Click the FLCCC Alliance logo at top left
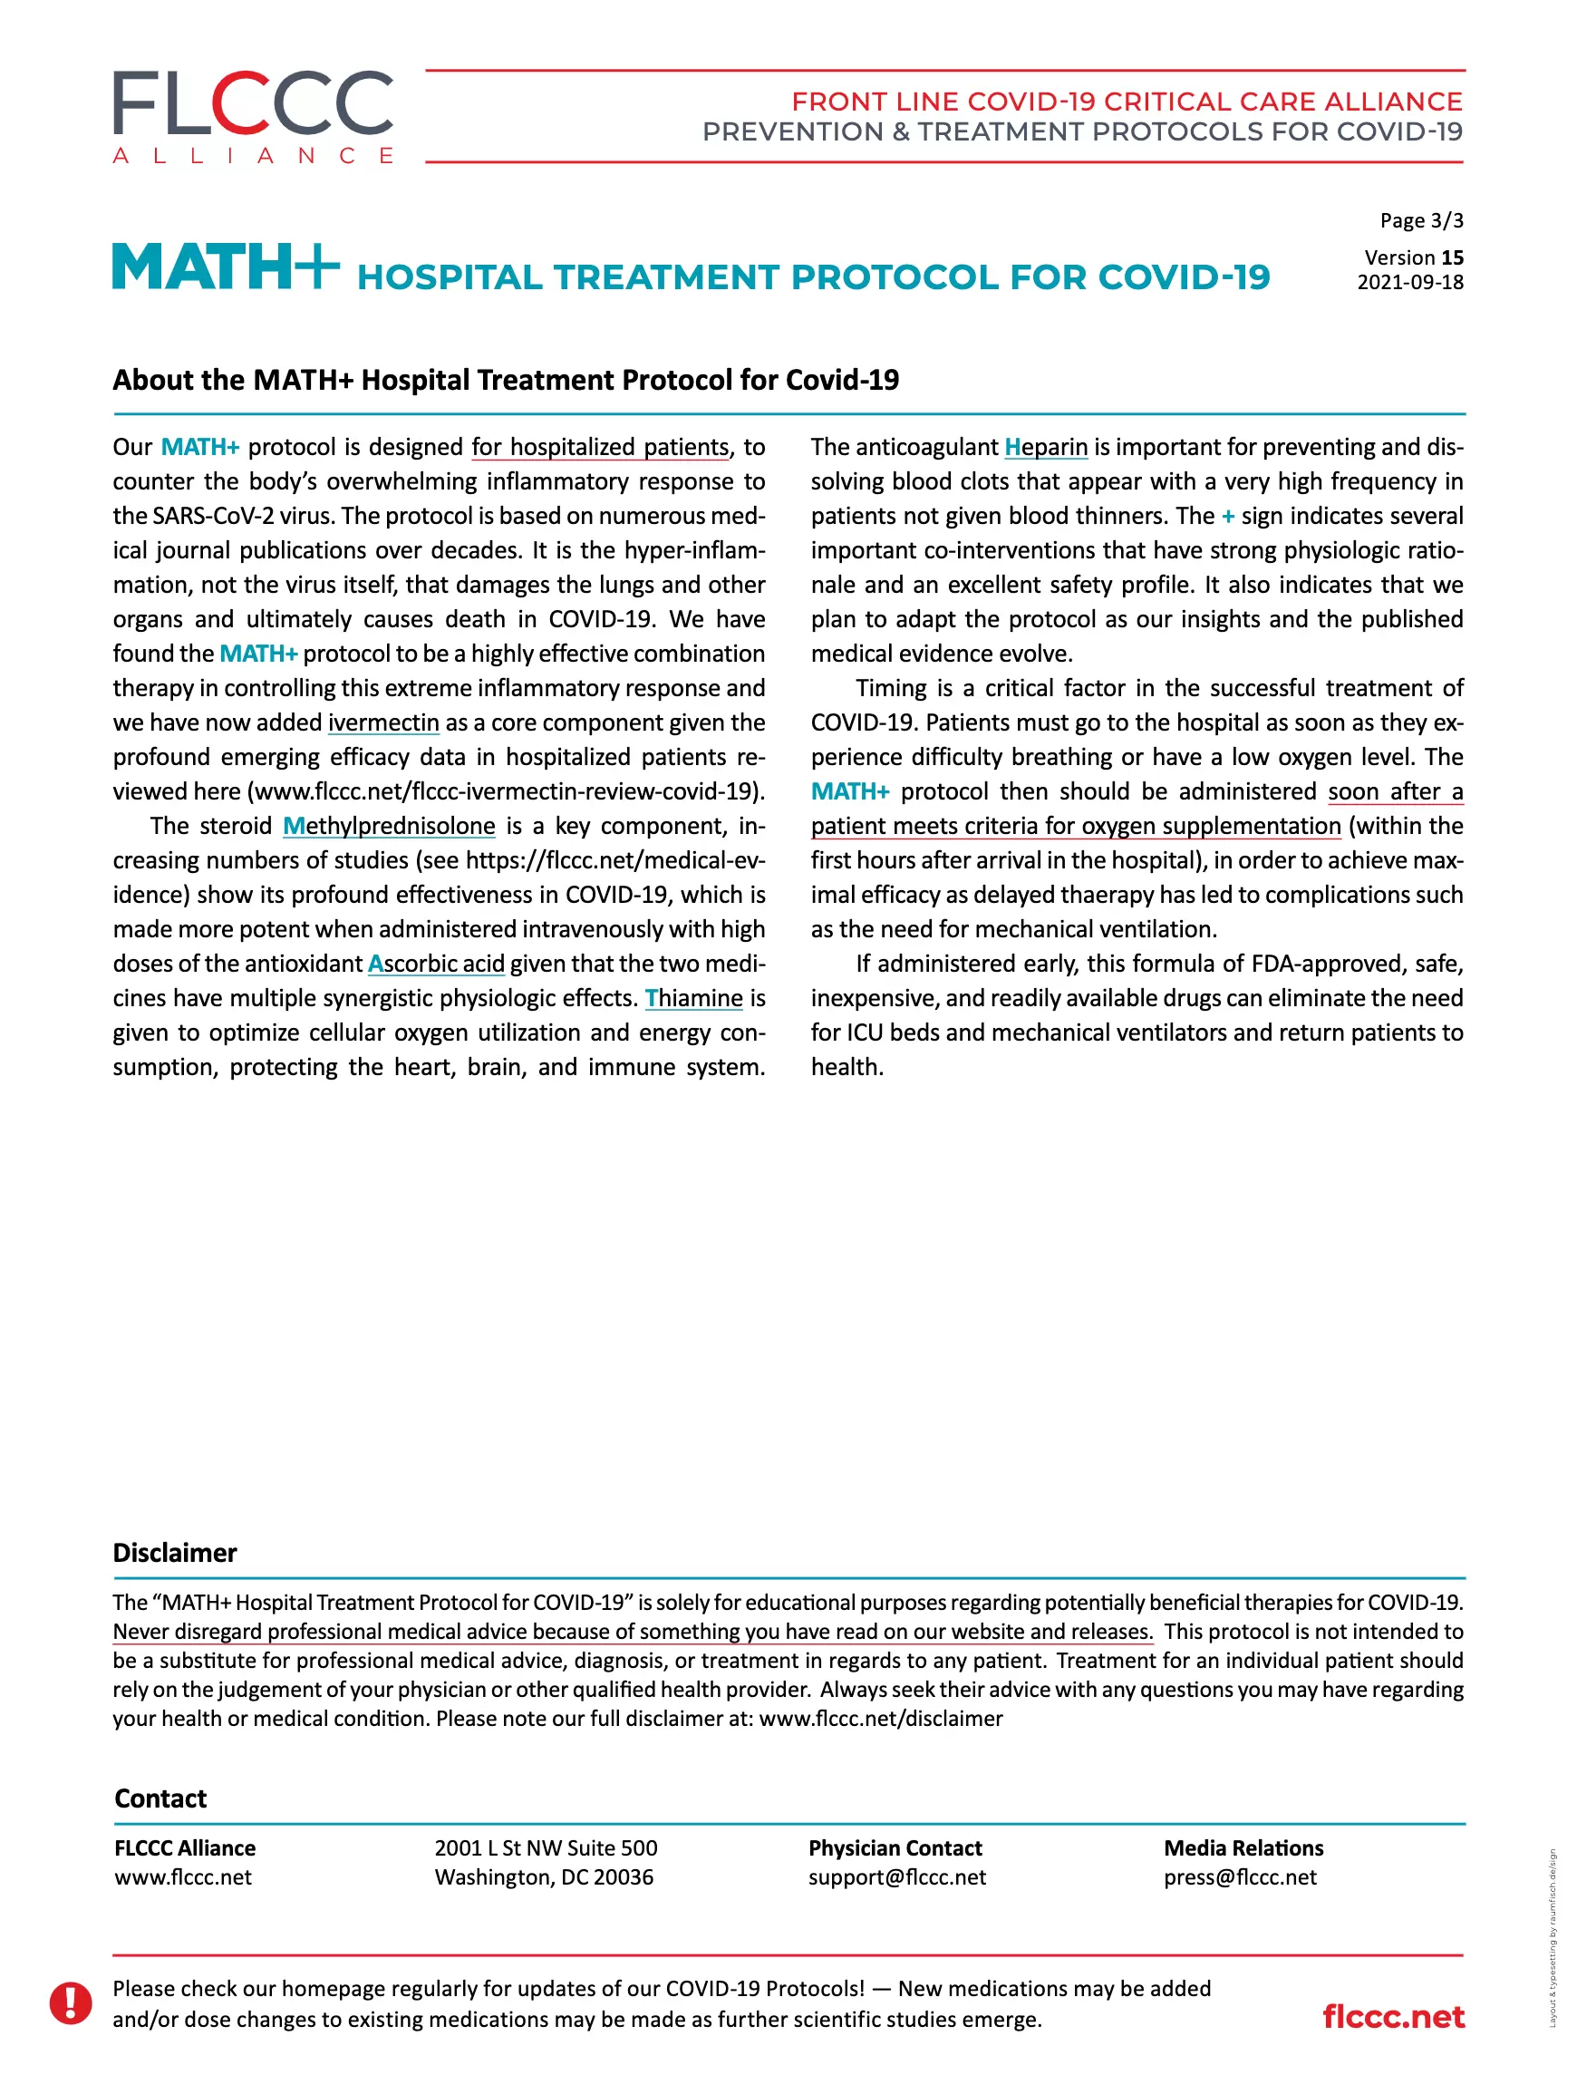253,116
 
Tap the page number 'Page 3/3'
1420,220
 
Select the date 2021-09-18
1409,282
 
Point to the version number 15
1451,257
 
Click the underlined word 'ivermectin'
383,722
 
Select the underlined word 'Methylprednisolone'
389,826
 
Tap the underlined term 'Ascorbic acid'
436,964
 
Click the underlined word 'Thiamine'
694,998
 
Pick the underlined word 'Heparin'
1045,447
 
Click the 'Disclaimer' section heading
175,1553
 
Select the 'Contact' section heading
161,1798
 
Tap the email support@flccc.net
896,1877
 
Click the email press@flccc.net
1239,1877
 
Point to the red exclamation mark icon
71,2003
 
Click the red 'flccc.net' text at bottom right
1392,2016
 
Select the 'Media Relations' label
1243,1847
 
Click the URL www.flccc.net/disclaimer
880,1718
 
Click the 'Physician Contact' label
895,1847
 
